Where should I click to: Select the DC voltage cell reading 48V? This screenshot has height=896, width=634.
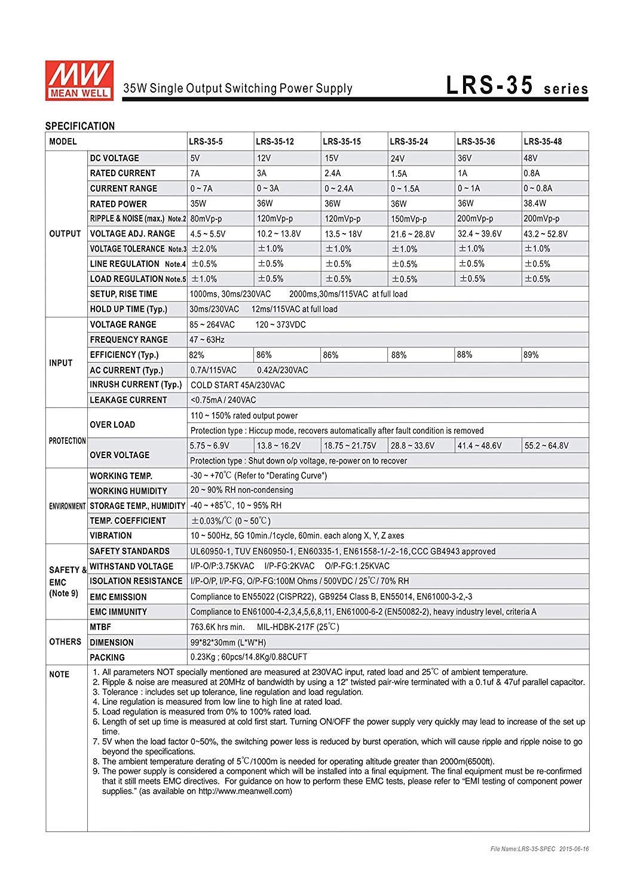pyautogui.click(x=531, y=158)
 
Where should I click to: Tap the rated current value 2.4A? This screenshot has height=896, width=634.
pyautogui.click(x=332, y=173)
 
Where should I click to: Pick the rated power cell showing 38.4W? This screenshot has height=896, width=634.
pyautogui.click(x=535, y=204)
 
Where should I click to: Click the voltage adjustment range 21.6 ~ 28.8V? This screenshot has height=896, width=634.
pyautogui.click(x=413, y=234)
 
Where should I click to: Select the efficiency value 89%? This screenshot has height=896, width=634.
pyautogui.click(x=531, y=355)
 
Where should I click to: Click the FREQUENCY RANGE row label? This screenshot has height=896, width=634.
pyautogui.click(x=129, y=340)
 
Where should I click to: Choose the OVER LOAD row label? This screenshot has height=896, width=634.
pyautogui.click(x=112, y=425)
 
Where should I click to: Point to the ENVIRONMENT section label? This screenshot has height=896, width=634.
pyautogui.click(x=67, y=506)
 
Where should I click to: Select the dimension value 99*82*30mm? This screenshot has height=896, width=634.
pyautogui.click(x=228, y=643)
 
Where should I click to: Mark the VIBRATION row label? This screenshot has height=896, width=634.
pyautogui.click(x=111, y=536)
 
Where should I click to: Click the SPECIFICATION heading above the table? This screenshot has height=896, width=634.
pyautogui.click(x=80, y=126)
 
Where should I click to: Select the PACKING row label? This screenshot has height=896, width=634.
pyautogui.click(x=108, y=658)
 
